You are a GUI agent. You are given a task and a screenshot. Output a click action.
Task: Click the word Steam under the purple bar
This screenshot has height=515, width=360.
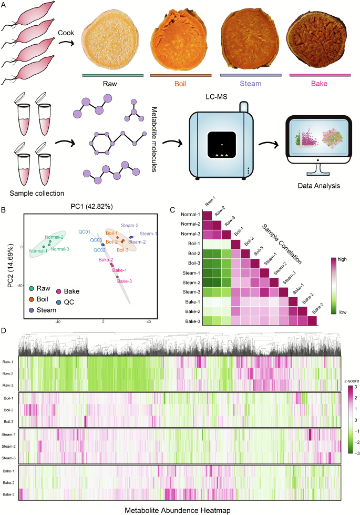251,84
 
